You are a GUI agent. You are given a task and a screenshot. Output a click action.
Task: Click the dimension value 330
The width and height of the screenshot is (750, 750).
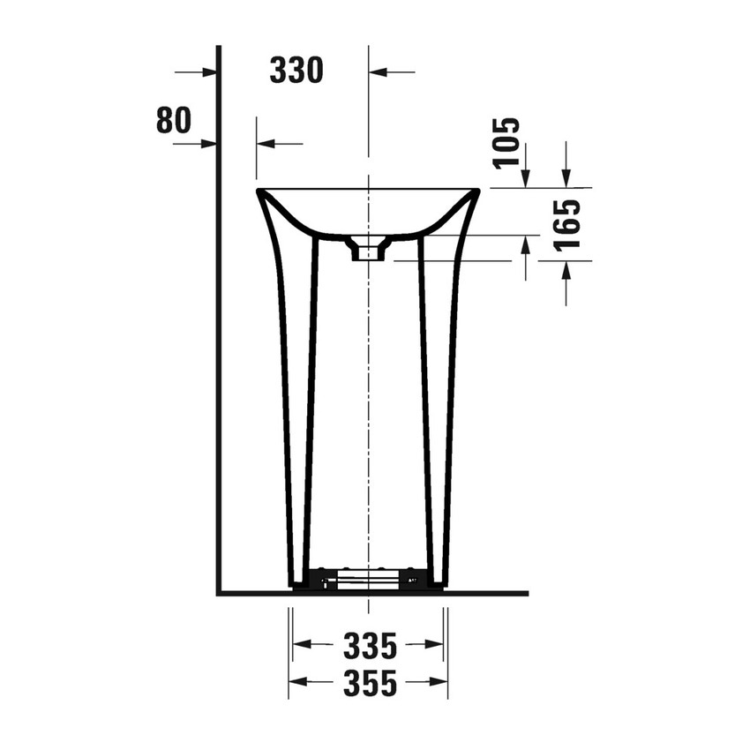coord(296,71)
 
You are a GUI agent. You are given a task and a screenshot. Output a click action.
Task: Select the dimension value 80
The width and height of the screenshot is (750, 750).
coord(173,120)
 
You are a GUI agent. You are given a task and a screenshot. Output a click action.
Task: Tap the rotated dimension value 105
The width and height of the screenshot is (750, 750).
coord(506,143)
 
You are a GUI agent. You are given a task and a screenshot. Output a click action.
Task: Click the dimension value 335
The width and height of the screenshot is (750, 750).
coord(370,646)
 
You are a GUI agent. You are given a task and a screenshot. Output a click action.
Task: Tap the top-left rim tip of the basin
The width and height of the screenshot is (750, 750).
coord(259,191)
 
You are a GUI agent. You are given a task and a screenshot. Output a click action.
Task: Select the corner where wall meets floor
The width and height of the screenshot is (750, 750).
coord(219,593)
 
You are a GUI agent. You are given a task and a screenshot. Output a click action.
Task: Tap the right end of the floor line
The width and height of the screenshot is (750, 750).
coord(527,593)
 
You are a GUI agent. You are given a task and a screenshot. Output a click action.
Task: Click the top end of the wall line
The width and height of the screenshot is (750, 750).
coord(219,47)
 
